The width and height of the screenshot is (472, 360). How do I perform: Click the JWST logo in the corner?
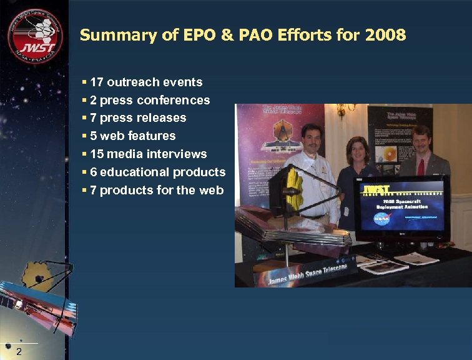[35, 36]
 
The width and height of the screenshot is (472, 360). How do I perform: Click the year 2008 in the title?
[385, 35]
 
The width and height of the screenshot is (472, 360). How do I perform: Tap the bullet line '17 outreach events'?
[145, 82]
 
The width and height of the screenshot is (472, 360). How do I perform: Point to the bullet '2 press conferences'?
[149, 100]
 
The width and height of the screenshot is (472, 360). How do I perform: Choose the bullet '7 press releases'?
[137, 117]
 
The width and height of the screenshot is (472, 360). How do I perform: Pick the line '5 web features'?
[132, 136]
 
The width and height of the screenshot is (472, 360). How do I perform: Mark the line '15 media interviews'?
[148, 154]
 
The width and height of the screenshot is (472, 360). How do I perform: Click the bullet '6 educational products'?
[157, 172]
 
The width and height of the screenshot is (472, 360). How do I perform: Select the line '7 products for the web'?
[156, 190]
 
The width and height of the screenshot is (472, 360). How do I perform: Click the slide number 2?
[19, 352]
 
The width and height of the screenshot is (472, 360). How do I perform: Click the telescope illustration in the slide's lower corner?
[41, 294]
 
